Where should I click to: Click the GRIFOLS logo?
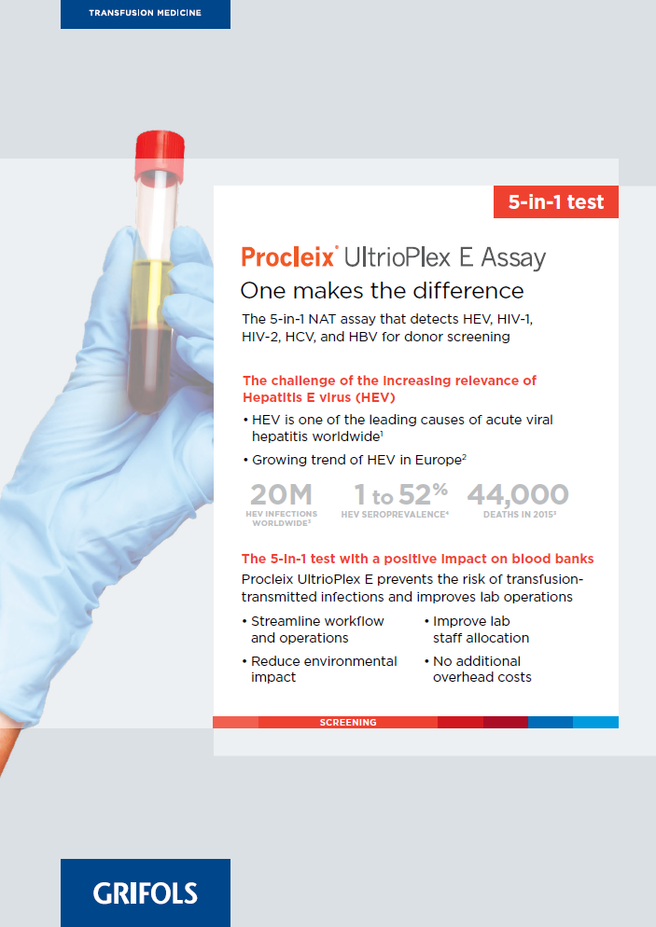(x=145, y=892)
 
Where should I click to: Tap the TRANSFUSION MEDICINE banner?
(x=145, y=14)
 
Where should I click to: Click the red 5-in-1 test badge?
(x=556, y=202)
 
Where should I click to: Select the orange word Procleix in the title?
(x=288, y=257)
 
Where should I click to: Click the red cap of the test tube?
(x=160, y=155)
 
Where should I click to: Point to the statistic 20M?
(x=281, y=494)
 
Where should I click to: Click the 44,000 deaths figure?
(x=518, y=495)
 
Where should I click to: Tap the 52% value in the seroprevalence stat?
(x=423, y=493)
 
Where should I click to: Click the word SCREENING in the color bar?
(x=348, y=723)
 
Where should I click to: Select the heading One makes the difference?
(x=383, y=291)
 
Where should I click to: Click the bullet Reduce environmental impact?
(x=319, y=670)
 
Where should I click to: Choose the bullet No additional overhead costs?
(x=478, y=670)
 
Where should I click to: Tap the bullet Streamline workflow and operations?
(x=314, y=630)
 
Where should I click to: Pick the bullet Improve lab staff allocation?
(x=477, y=630)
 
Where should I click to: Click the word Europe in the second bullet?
(x=439, y=460)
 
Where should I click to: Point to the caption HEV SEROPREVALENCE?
(x=394, y=515)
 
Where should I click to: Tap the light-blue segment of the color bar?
(x=595, y=723)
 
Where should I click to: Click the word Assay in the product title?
(x=513, y=258)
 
